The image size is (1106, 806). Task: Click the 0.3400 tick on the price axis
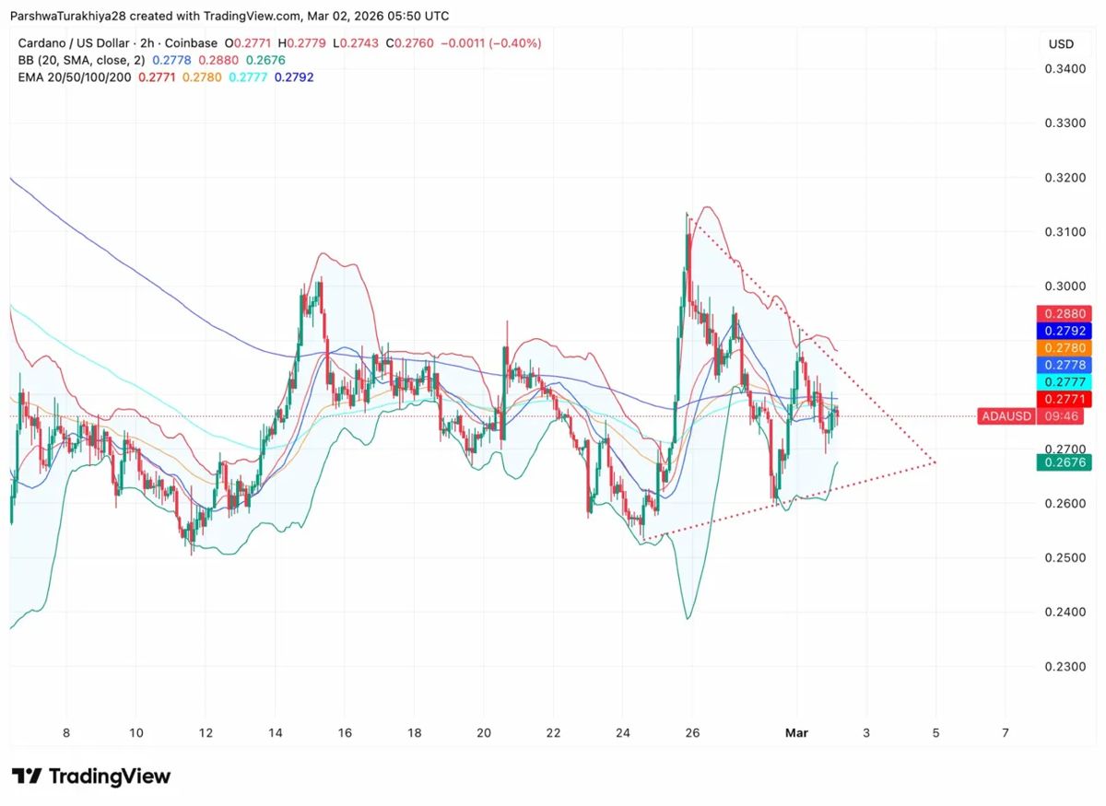[1063, 68]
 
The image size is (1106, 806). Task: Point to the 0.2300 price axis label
[1063, 666]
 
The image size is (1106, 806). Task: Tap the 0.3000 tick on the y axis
[1063, 286]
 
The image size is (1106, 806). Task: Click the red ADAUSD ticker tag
[1006, 416]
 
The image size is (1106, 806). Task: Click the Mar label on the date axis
[796, 733]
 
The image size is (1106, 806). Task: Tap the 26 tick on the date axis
[692, 733]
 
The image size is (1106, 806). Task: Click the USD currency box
[1061, 43]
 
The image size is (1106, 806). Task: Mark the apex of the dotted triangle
[935, 461]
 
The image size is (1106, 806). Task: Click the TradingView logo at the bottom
[91, 777]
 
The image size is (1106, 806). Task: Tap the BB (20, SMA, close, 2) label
[81, 60]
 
